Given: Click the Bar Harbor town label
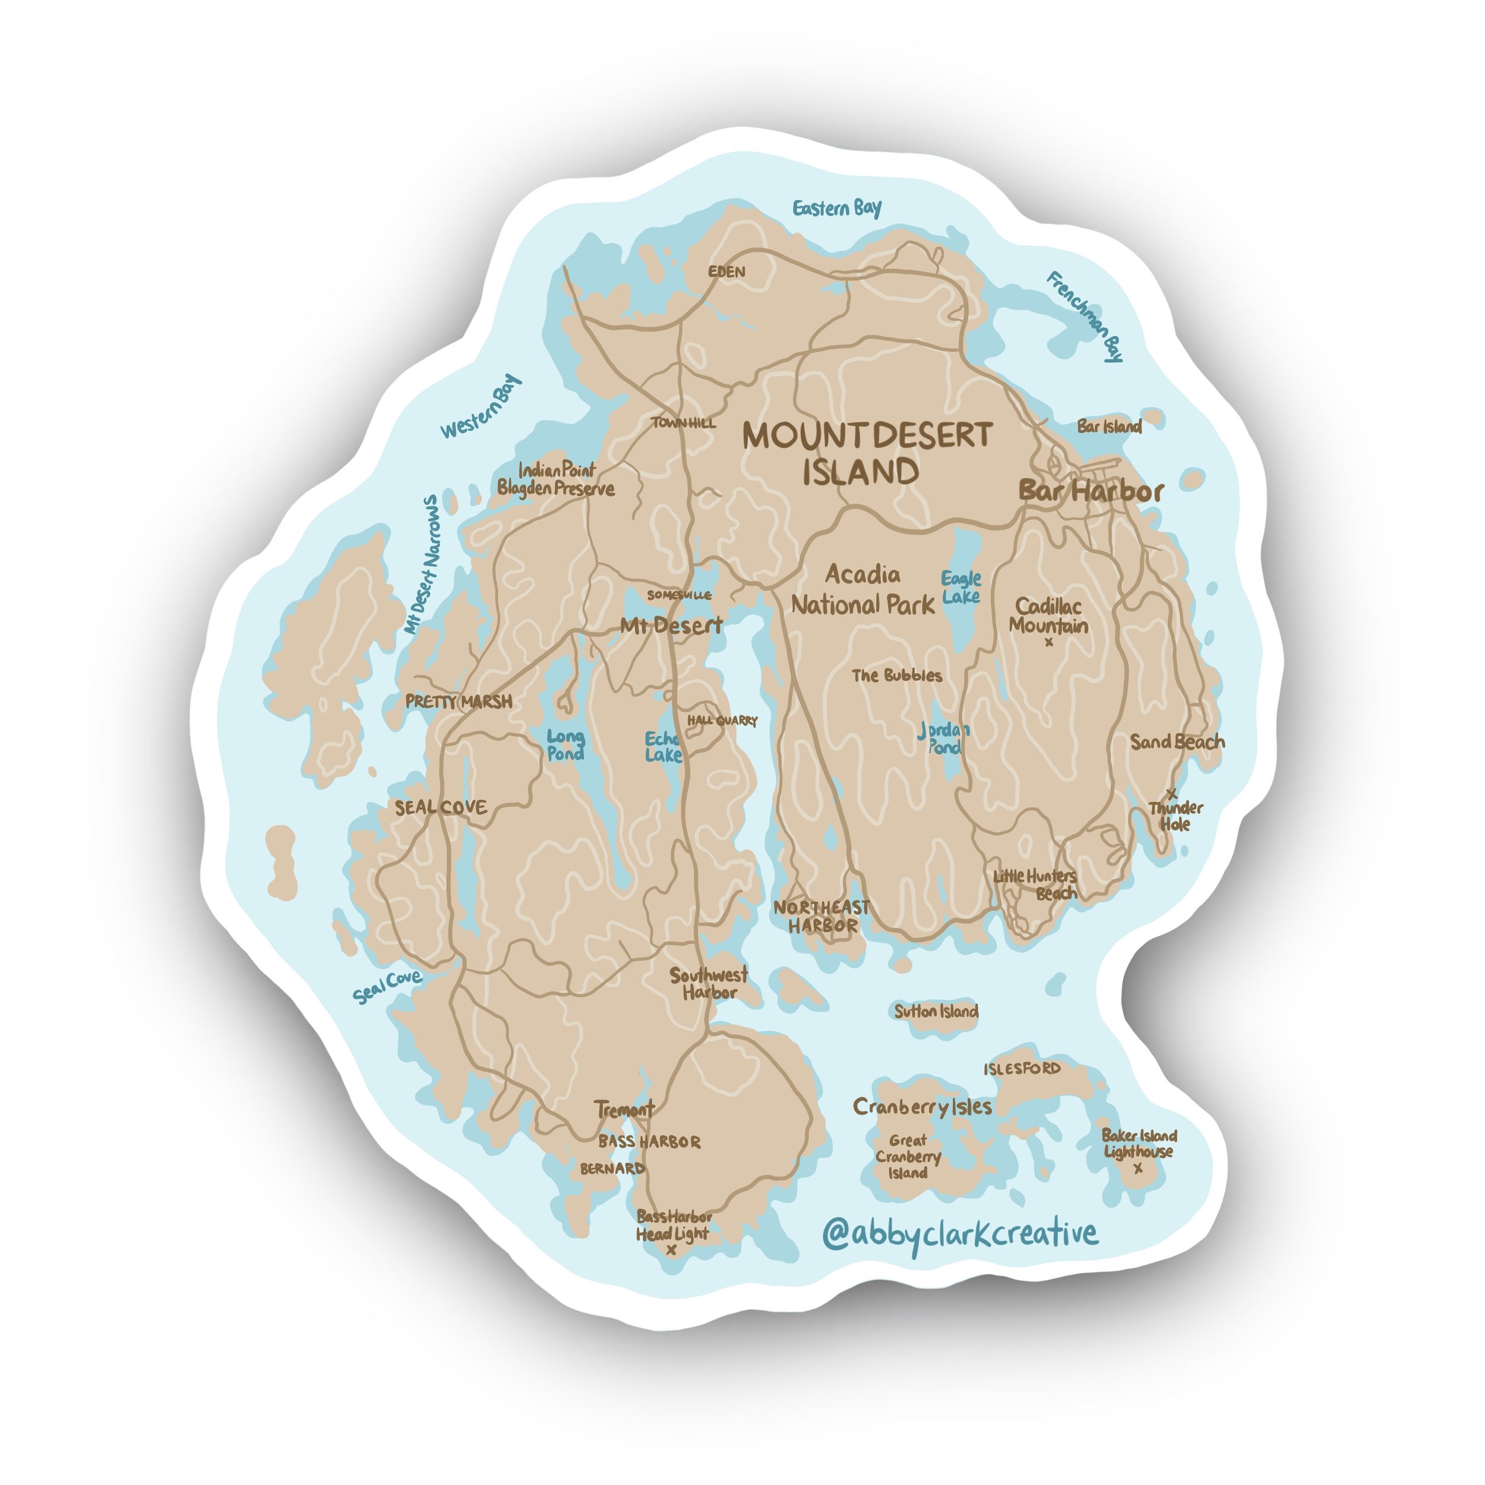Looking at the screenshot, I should click(1091, 491).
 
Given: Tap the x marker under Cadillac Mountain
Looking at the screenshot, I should click(1049, 643).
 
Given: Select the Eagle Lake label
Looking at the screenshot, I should click(960, 587).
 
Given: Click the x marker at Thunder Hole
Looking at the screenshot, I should click(1171, 792).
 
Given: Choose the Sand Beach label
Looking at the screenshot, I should click(1177, 742).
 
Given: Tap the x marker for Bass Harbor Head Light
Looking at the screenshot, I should click(671, 1250).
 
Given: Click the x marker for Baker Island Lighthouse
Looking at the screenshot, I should click(1138, 1169).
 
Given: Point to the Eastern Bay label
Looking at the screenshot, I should click(837, 208).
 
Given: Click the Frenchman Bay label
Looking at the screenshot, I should click(1085, 316).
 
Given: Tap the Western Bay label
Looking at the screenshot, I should click(481, 407).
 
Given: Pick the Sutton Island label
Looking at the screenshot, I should click(936, 1012).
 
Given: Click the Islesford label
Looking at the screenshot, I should click(1022, 1069).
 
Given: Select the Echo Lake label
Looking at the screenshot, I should click(662, 746).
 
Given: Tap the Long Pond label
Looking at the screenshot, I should click(565, 745).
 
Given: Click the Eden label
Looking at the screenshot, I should click(726, 271).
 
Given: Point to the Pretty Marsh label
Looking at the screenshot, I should click(459, 701).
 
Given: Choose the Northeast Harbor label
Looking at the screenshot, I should click(822, 916).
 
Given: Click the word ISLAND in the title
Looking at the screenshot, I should click(861, 472).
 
